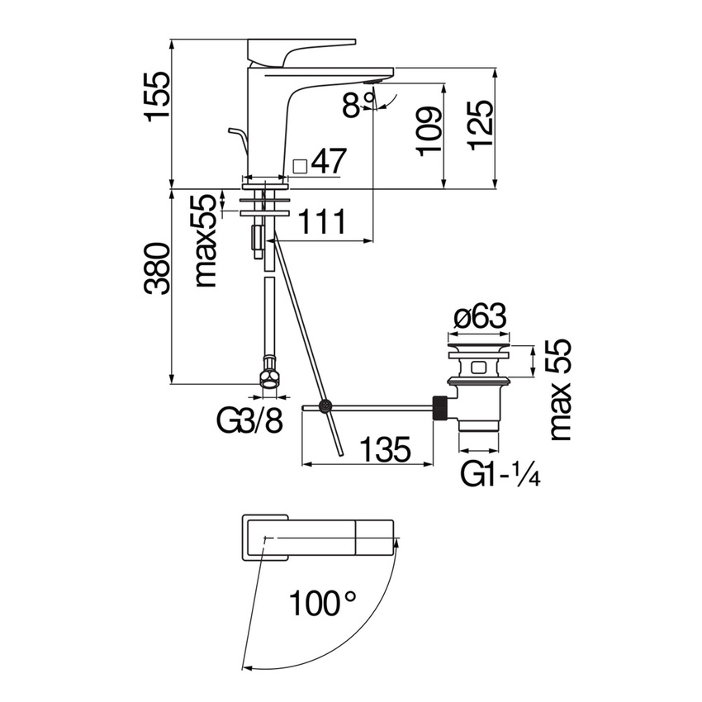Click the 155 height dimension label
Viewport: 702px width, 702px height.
tap(158, 97)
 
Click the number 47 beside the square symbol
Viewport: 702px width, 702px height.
tap(328, 162)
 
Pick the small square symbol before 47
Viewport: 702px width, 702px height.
tap(301, 165)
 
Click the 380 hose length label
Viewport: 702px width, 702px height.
tap(158, 269)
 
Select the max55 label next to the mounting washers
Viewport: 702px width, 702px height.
tap(206, 240)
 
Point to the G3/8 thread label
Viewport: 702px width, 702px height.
tap(250, 422)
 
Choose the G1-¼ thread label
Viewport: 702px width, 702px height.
tap(500, 475)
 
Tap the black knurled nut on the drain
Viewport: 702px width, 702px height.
tap(442, 409)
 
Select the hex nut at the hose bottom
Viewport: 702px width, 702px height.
tap(269, 377)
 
